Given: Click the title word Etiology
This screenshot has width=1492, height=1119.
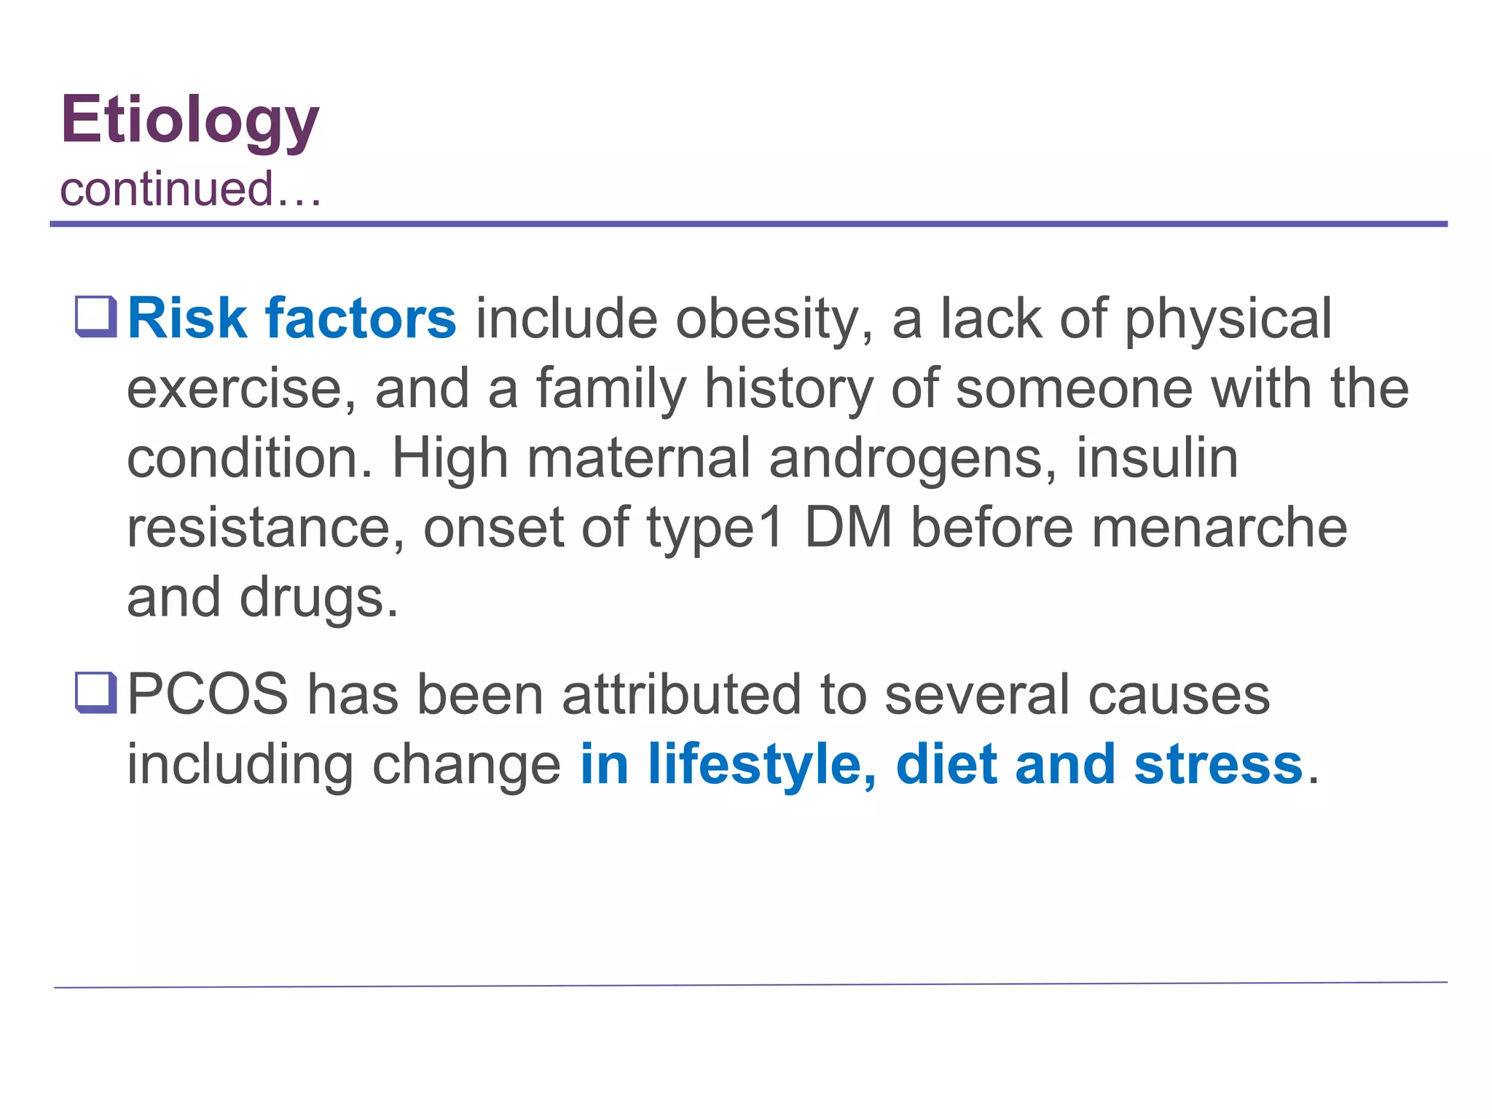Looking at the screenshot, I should [189, 121].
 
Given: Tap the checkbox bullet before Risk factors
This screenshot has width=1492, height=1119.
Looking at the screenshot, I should [96, 317].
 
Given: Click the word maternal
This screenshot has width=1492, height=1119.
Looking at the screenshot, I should [638, 459].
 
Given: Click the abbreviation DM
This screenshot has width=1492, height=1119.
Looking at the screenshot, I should [848, 527].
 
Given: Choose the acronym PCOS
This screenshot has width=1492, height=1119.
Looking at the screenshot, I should [208, 694].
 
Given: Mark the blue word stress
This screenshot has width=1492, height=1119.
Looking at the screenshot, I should [1218, 765].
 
